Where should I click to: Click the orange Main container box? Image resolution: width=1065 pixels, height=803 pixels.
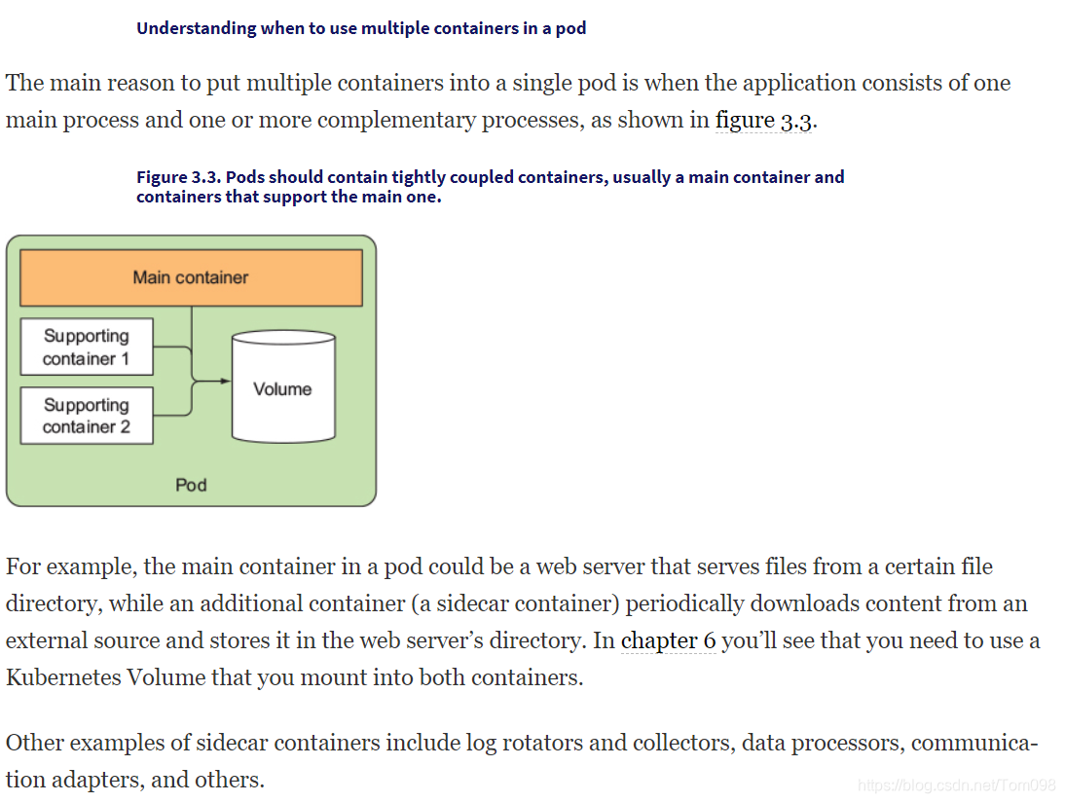(x=191, y=277)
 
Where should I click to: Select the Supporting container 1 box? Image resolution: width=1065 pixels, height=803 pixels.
(x=87, y=347)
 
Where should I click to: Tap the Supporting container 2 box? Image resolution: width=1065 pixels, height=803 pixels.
(x=87, y=416)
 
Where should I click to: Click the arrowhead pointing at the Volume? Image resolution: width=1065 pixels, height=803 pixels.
(x=225, y=381)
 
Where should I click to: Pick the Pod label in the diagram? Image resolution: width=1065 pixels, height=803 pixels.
(x=191, y=485)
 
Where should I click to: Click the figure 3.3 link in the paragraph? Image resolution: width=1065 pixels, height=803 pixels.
(x=763, y=121)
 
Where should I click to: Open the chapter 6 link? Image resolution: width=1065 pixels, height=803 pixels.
(x=668, y=640)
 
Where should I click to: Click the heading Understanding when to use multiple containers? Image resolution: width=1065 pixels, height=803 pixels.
(x=361, y=28)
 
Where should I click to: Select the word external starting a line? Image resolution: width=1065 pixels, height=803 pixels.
(x=43, y=640)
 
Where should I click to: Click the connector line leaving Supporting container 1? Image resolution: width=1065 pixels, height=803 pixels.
(x=173, y=347)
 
